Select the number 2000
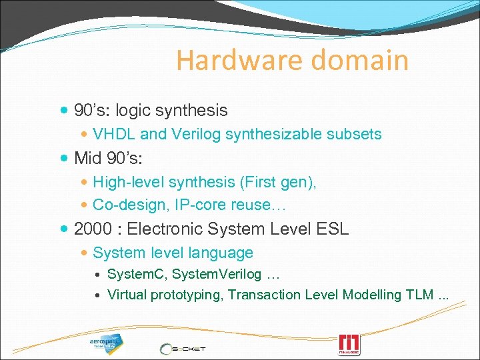tap(93, 229)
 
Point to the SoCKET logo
tap(183, 349)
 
